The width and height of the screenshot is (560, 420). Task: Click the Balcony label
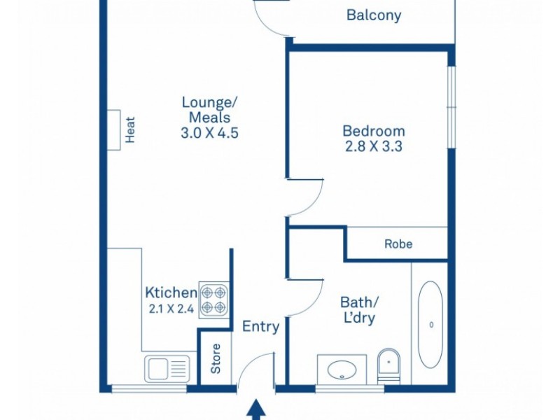click(374, 15)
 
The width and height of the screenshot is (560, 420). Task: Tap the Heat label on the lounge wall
click(130, 129)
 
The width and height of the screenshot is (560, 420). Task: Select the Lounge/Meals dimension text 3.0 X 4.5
click(210, 133)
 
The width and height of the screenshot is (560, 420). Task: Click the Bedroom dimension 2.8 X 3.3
click(374, 147)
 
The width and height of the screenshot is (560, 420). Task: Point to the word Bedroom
click(374, 131)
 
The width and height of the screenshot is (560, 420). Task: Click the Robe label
click(398, 244)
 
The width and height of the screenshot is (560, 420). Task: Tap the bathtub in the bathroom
click(430, 323)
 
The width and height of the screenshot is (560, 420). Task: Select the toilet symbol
click(388, 365)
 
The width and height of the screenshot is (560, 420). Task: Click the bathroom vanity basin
click(342, 369)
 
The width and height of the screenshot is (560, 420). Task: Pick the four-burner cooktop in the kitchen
click(216, 300)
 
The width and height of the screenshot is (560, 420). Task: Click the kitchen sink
click(167, 368)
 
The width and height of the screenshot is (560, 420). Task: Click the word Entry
click(261, 326)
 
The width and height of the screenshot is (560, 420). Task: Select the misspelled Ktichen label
click(171, 292)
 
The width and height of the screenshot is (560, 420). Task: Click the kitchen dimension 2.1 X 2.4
click(171, 308)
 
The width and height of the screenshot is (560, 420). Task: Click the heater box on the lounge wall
click(114, 129)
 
